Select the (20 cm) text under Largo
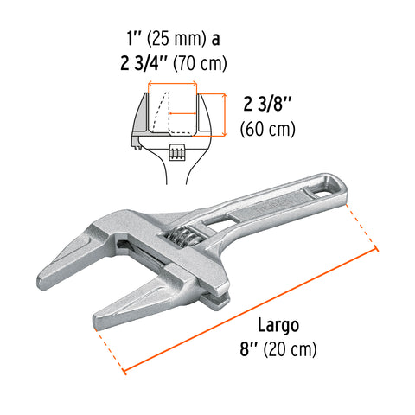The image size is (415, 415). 292,350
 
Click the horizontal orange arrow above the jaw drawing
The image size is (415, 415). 174,85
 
